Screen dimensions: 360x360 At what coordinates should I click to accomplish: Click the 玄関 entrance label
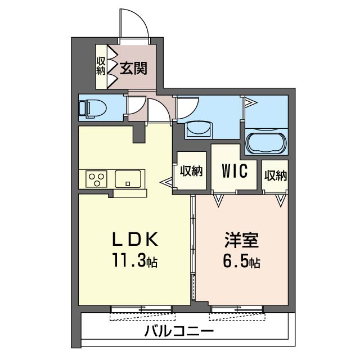[133, 69]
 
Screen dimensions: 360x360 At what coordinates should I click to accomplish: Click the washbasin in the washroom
[199, 129]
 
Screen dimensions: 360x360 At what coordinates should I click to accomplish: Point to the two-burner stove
[96, 179]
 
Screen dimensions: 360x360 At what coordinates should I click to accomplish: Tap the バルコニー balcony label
[179, 331]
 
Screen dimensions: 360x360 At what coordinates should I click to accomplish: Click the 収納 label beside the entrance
[101, 66]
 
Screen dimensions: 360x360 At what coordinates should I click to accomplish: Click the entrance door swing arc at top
[136, 24]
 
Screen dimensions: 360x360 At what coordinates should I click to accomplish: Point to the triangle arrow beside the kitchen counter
[168, 182]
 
